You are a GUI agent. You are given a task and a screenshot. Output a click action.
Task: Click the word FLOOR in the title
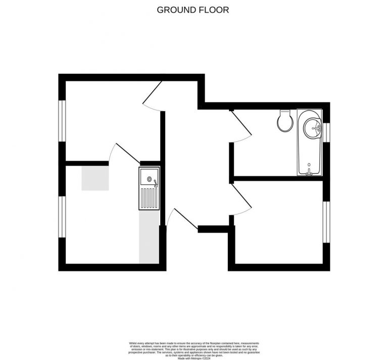click(214, 10)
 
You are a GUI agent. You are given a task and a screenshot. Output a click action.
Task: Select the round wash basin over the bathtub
click(311, 127)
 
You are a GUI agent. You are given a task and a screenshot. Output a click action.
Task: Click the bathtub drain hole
click(309, 165)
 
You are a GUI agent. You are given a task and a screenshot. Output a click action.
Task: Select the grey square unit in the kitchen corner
click(95, 178)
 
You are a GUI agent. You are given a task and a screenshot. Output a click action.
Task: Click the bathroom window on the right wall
click(326, 132)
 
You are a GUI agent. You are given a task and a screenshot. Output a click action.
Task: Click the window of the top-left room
click(62, 121)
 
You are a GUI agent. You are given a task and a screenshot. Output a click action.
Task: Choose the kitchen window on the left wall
click(62, 216)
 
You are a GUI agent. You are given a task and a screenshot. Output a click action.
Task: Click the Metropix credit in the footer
click(194, 354)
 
